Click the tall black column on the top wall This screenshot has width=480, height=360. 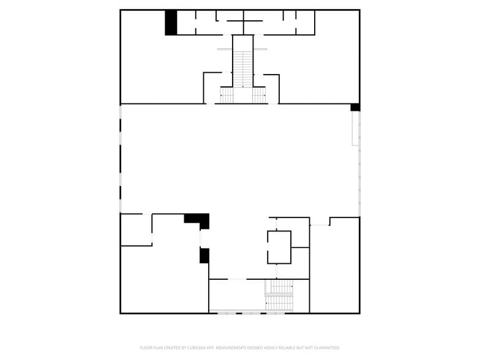point(171,23)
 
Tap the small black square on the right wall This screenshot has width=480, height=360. point(355,107)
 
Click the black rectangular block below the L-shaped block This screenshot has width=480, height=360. point(204,256)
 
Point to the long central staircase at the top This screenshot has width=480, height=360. point(243,69)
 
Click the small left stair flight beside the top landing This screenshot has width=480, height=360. point(227,96)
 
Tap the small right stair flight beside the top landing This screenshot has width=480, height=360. point(259,96)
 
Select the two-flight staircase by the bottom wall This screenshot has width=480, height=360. point(279,296)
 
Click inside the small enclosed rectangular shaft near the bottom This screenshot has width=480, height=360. point(279,247)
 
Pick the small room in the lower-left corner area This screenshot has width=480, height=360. point(136,230)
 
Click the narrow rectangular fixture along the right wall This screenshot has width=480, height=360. point(355,129)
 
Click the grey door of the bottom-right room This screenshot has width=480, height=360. point(320,225)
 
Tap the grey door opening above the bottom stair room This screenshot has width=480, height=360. point(238,279)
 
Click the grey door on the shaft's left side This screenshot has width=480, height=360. point(268,246)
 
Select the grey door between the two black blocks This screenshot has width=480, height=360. point(200,239)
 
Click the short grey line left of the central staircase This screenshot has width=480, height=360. point(225,49)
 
